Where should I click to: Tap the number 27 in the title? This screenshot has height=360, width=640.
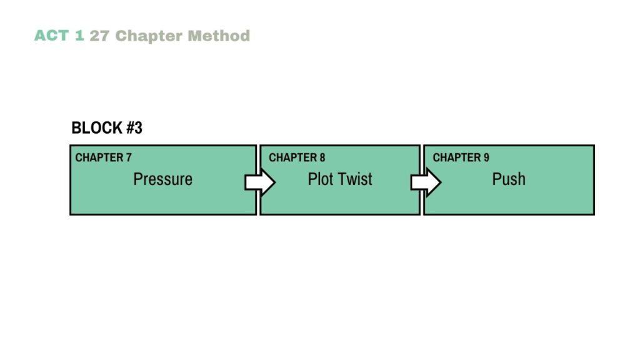tap(99, 36)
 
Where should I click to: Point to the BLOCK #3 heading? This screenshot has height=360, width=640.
tap(107, 128)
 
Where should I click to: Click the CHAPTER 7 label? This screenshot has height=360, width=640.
tap(103, 157)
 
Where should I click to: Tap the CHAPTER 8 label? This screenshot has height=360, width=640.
tap(297, 157)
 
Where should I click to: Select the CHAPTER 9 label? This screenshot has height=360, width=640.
tap(461, 157)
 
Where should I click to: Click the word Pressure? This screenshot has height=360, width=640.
tap(162, 179)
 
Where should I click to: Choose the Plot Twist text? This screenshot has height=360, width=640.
tap(339, 179)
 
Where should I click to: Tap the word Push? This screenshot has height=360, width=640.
tap(509, 179)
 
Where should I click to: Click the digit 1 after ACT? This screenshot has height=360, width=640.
tap(79, 36)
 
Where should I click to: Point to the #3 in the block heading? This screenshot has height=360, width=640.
tap(134, 128)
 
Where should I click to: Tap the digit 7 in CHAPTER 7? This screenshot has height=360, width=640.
tap(128, 157)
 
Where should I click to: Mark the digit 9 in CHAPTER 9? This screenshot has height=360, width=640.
tap(486, 157)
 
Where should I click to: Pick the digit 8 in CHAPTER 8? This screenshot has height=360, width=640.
tap(322, 157)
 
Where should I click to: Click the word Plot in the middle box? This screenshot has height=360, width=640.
tap(320, 179)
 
